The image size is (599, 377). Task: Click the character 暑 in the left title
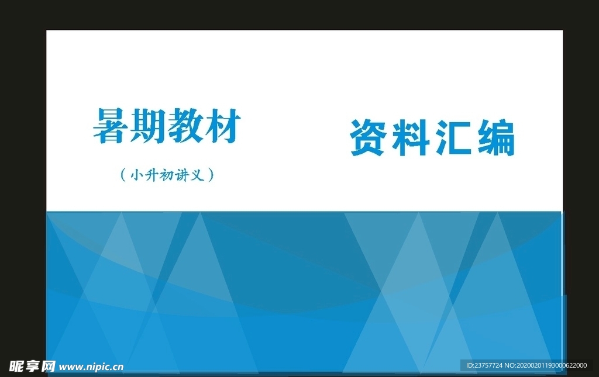[x=111, y=126]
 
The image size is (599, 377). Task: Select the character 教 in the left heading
[x=185, y=126]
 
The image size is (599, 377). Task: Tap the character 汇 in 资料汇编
[x=452, y=138]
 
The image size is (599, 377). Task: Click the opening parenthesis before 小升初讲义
[x=122, y=174]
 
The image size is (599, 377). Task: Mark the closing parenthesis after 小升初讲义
[x=211, y=174]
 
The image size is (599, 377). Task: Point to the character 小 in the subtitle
[x=136, y=174]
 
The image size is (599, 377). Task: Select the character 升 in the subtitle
[x=151, y=174]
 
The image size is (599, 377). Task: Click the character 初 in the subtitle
[x=167, y=174]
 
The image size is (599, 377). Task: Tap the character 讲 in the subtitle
[x=183, y=174]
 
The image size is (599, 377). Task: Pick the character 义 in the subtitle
[x=198, y=174]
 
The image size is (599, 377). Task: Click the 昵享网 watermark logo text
[x=32, y=366]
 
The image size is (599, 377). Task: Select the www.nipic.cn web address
[x=91, y=367]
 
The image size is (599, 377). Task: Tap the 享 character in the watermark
[x=32, y=366]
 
